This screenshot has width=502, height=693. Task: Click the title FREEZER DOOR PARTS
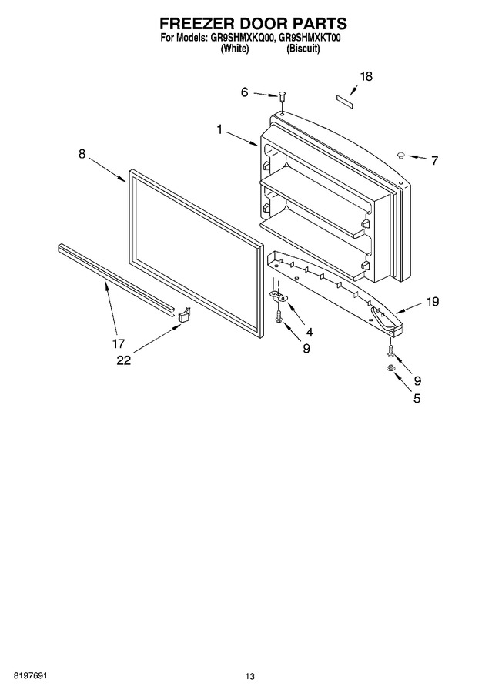click(x=253, y=23)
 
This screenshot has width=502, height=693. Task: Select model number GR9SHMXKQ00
click(x=240, y=38)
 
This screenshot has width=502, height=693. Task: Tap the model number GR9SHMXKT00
click(x=307, y=38)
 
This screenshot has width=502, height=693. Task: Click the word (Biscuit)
click(x=303, y=49)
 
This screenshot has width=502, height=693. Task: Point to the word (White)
click(x=234, y=49)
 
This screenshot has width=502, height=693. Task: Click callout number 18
click(x=366, y=76)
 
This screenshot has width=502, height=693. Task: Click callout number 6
click(x=244, y=92)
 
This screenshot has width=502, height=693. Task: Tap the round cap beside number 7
click(x=401, y=154)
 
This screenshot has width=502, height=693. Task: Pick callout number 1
click(x=219, y=129)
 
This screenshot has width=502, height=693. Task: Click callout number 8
click(x=82, y=154)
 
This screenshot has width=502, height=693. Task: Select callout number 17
click(x=118, y=343)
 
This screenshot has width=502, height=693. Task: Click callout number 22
click(x=124, y=360)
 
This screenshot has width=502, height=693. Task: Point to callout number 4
click(x=310, y=332)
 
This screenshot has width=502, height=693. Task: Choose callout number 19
click(x=433, y=301)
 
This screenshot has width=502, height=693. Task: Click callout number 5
click(x=417, y=398)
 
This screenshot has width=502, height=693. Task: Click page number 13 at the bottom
click(x=250, y=676)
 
